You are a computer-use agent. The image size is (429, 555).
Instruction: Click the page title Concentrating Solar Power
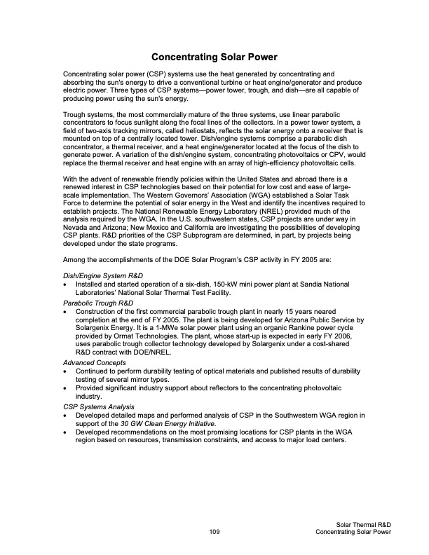tap(214, 56)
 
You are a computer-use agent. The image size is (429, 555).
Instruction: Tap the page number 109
tap(214, 533)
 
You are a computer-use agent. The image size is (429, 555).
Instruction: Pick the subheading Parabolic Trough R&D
tap(98, 302)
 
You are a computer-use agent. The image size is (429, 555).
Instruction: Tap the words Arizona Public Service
tap(314, 320)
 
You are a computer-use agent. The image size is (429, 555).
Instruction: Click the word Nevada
tap(75, 227)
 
